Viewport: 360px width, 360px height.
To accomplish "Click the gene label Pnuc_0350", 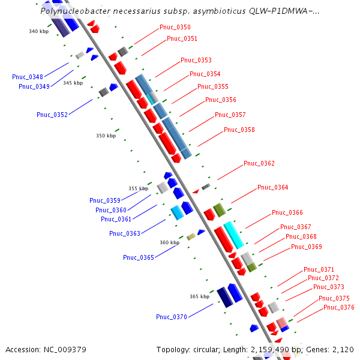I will click(175, 28).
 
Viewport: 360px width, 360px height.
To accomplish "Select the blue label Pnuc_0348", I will click(28, 77).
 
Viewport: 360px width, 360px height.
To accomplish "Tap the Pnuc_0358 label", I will click(239, 130).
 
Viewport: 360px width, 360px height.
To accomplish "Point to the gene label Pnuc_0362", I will click(259, 164).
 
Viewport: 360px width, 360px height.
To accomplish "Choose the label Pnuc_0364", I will click(273, 188).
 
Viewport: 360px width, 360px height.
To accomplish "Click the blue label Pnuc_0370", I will click(172, 317).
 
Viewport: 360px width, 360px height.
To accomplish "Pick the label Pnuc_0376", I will click(339, 308).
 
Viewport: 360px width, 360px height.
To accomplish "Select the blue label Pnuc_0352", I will click(52, 115).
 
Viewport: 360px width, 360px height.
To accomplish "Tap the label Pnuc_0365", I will click(139, 257).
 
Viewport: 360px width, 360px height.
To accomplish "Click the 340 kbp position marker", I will click(39, 31).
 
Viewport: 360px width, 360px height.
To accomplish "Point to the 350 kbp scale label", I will click(106, 136).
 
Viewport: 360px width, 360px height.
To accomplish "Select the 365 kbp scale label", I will click(200, 296).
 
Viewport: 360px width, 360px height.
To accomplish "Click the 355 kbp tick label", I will click(139, 188).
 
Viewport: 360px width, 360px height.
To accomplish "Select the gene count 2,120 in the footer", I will click(342, 349).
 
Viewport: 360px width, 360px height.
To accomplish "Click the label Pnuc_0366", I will click(287, 213).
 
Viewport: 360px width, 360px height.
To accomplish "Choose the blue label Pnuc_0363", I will click(125, 233).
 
